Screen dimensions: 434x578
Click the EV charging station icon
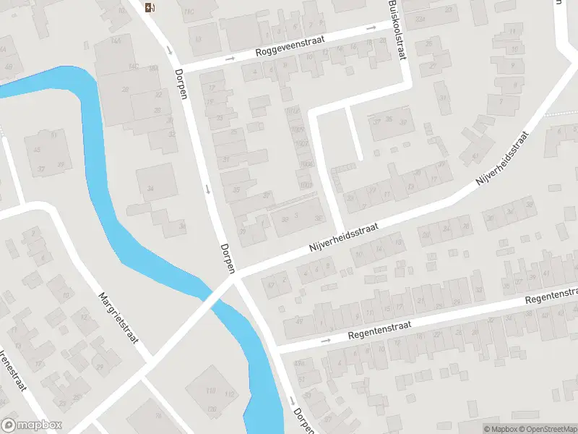(150, 8)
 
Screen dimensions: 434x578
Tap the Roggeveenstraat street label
(290, 48)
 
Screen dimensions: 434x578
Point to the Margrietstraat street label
(118, 316)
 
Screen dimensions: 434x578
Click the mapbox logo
(32, 425)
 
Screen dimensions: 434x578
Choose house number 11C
(190, 12)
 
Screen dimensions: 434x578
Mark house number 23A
(420, 18)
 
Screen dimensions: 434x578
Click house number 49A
(300, 362)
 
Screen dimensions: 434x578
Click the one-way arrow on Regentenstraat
(325, 340)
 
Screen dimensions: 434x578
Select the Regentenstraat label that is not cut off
(379, 331)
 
